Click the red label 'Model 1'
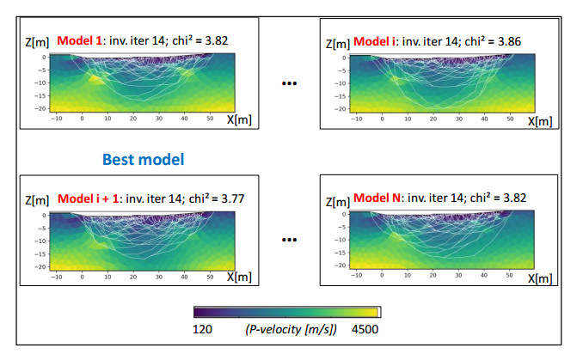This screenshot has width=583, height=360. point(79,40)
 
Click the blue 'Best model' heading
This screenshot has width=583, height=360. point(144,159)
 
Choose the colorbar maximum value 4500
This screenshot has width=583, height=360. point(365,328)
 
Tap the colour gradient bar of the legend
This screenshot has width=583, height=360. point(286,313)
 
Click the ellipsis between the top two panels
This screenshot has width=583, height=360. point(290,84)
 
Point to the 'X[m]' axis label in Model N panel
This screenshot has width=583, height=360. point(539,278)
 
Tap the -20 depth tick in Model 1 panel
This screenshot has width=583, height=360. point(40,109)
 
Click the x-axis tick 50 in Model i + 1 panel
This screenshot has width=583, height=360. point(209,277)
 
